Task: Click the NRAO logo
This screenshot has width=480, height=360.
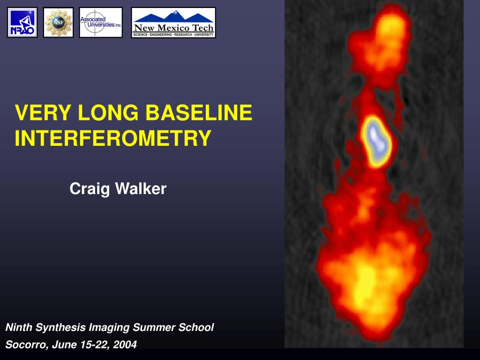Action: coord(22,22)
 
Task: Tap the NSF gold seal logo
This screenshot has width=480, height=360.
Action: coord(58,22)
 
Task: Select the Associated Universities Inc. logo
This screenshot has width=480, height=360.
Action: coord(101,22)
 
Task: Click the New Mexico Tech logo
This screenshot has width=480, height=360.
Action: coord(173,22)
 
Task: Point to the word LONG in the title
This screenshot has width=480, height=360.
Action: coord(108,112)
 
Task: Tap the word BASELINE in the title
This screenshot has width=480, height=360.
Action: coord(199,112)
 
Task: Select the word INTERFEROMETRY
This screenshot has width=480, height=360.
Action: coord(113,138)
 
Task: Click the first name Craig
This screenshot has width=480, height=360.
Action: coord(90,189)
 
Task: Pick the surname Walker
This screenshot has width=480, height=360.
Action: coord(141,188)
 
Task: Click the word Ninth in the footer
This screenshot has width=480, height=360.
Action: coord(19,327)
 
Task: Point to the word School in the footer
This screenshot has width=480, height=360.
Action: coord(196,327)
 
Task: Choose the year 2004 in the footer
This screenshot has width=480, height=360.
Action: coord(125,345)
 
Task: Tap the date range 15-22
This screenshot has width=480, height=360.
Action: coord(95,345)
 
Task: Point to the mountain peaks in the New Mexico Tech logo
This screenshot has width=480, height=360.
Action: coord(174,16)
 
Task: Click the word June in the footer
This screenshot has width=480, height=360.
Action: coord(65,345)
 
